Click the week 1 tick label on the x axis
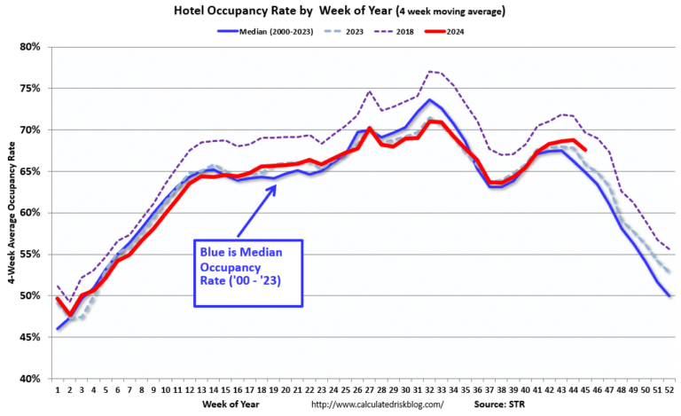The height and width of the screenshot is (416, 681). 58,390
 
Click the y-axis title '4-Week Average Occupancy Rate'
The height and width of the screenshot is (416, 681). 10,213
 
